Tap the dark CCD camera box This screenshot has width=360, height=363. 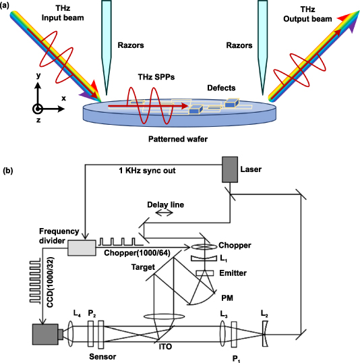42,334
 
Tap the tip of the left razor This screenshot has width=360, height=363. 105,78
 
